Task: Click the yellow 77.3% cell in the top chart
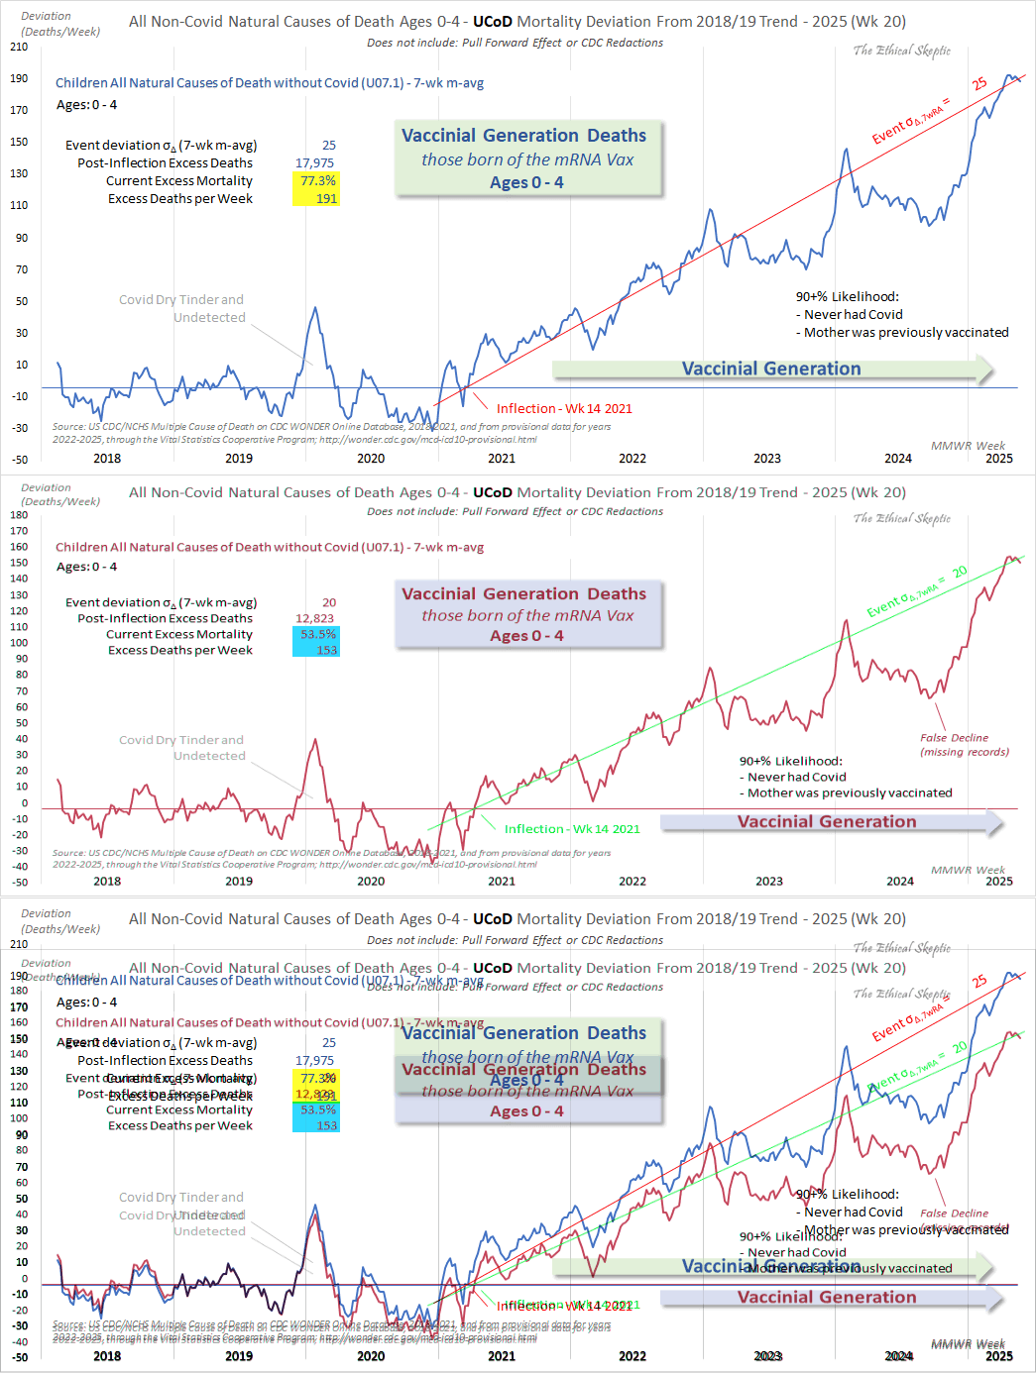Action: [x=317, y=181]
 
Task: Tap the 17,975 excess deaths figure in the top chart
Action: [x=314, y=163]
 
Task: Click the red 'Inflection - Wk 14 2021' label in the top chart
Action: [x=563, y=408]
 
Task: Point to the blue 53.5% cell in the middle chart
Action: [x=317, y=634]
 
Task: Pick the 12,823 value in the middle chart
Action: [x=314, y=618]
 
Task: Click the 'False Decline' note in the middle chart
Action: [x=954, y=738]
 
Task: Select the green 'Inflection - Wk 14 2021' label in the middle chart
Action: [x=571, y=829]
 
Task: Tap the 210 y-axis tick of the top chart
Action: [x=19, y=47]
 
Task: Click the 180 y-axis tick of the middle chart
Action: [x=19, y=515]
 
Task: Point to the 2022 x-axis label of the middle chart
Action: [x=633, y=881]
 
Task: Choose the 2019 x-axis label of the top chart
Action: [x=239, y=459]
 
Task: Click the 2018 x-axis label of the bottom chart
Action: [x=107, y=1356]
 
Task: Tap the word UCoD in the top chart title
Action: [x=493, y=22]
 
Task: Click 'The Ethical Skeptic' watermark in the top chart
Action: [x=901, y=51]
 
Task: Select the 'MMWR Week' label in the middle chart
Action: [x=968, y=870]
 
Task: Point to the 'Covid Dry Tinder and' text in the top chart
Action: [x=180, y=300]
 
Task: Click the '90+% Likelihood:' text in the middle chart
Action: [x=790, y=761]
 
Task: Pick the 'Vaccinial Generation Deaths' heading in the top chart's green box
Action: [x=523, y=136]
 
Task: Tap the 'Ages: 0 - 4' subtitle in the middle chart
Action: [x=86, y=567]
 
